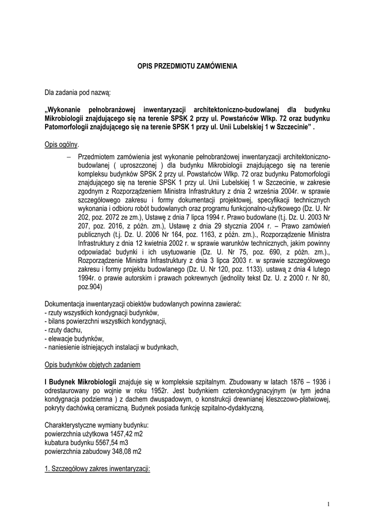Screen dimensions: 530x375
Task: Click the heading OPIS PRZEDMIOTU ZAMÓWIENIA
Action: tap(187, 67)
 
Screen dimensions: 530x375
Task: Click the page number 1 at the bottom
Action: tap(328, 504)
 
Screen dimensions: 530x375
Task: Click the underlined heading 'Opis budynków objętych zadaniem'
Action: tap(93, 365)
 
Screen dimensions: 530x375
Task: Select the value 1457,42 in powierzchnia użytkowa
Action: tap(116, 433)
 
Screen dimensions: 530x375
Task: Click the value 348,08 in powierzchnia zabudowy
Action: tap(117, 451)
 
